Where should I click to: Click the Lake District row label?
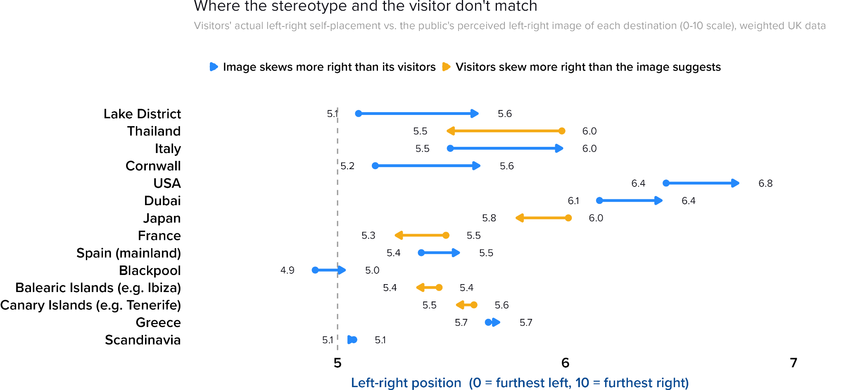[x=142, y=114]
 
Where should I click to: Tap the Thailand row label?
[x=154, y=131]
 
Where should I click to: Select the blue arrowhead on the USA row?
[x=735, y=183]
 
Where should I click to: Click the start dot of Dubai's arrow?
[x=599, y=201]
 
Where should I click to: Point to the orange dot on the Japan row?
[x=568, y=218]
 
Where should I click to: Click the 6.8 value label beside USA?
[x=765, y=183]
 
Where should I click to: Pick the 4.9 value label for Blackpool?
[x=288, y=270]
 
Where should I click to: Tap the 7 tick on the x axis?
[x=793, y=363]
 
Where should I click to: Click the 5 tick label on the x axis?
[x=337, y=363]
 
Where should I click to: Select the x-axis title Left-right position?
[x=406, y=383]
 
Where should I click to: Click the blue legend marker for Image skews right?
[x=214, y=67]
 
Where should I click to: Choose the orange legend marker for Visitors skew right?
[x=446, y=67]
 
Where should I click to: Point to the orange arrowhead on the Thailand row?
[x=451, y=131]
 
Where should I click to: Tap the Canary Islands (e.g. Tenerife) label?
[x=90, y=305]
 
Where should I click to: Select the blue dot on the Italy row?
[x=450, y=148]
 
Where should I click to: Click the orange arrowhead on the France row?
[x=399, y=235]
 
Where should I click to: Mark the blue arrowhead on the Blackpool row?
[x=342, y=270]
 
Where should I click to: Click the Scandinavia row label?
[x=143, y=340]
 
